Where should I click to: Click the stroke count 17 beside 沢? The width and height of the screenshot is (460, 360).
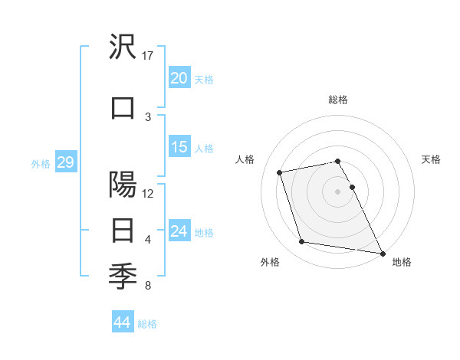(148, 55)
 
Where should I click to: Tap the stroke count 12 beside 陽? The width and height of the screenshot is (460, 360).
(148, 193)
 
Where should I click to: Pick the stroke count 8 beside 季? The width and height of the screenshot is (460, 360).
(147, 286)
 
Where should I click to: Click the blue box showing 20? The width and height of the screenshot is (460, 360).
(179, 77)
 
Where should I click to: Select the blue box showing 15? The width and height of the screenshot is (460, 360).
(179, 147)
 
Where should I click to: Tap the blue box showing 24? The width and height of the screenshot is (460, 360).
(179, 231)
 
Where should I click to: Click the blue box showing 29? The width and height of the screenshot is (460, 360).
(65, 162)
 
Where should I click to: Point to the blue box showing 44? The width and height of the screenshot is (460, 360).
(122, 322)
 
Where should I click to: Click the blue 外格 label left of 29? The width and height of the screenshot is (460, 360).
(40, 163)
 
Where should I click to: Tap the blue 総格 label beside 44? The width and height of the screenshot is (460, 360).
(147, 324)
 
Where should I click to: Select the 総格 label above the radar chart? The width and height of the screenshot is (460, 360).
(337, 100)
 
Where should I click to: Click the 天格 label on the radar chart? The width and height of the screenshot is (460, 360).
(432, 159)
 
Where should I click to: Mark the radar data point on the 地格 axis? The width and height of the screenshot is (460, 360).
(382, 252)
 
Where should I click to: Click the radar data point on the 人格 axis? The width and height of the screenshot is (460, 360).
(280, 172)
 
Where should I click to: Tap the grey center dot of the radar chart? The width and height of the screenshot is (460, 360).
(337, 191)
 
